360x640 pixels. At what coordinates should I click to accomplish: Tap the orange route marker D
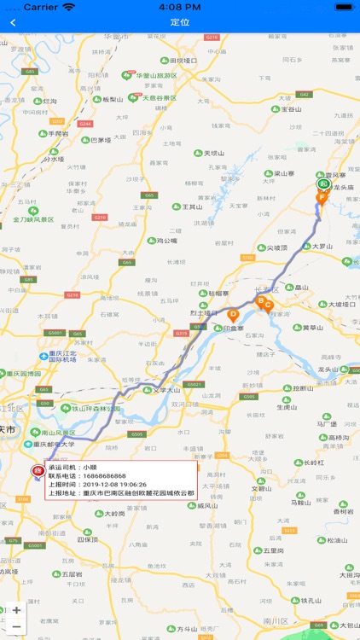[233, 314]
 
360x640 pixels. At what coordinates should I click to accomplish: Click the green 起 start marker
[323, 183]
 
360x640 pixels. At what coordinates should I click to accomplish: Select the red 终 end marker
[38, 470]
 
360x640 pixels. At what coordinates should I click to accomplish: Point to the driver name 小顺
[90, 467]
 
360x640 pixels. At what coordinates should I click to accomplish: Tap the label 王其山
[192, 207]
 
